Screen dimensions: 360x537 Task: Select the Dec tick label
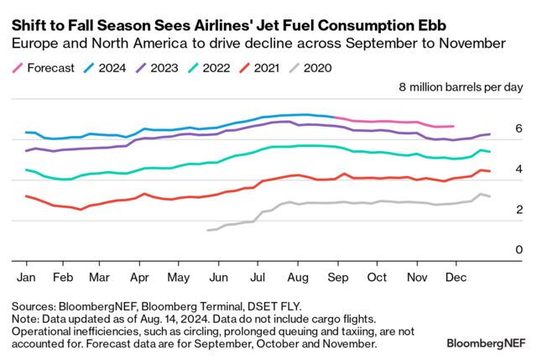coord(454,275)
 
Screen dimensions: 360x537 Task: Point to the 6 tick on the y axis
coord(519,128)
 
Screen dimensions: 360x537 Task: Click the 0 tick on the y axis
coord(519,250)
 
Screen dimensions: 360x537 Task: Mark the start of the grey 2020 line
coord(206,230)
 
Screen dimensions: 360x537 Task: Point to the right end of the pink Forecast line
coord(454,127)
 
